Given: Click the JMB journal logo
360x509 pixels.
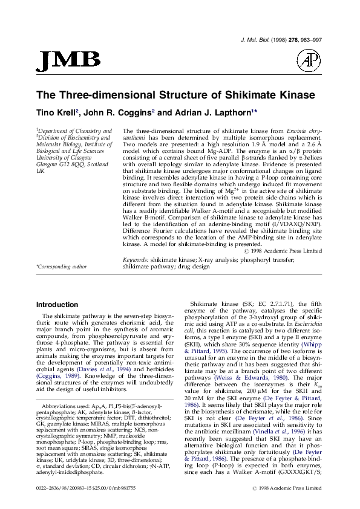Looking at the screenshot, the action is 68,59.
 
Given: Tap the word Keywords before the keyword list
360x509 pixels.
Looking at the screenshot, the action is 136,259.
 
